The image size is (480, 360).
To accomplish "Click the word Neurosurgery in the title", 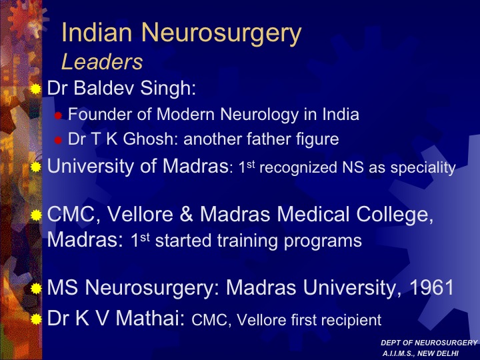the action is coord(221,33).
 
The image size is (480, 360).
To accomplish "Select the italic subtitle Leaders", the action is coord(102,62).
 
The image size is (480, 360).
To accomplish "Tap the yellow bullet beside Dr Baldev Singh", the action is coord(36,89).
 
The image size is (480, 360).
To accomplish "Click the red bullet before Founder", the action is coord(58,116).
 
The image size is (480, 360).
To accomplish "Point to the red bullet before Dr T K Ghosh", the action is coord(58,141).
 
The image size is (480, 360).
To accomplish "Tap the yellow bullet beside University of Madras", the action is coord(36,167).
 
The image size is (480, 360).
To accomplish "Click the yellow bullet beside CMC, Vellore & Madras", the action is coord(36,215).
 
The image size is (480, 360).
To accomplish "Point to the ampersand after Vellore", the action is coord(186,214).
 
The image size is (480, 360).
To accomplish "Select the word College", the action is coord(395,215).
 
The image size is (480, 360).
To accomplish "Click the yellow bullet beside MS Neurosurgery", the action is coord(36,289).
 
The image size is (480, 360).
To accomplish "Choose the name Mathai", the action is coord(150,318).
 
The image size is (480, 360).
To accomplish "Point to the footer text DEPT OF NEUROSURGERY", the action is coord(429,343).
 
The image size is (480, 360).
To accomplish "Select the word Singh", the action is coord(168,89).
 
